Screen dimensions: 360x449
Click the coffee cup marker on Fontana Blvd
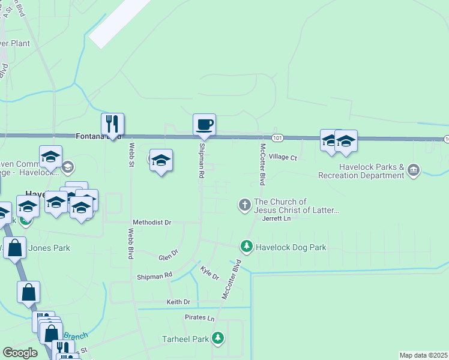pyautogui.click(x=204, y=125)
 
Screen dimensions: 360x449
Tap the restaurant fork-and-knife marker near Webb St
pyautogui.click(x=112, y=124)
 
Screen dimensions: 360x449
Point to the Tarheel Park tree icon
pyautogui.click(x=217, y=339)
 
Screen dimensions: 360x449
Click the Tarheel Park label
pyautogui.click(x=185, y=339)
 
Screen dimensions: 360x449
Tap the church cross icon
pyautogui.click(x=244, y=205)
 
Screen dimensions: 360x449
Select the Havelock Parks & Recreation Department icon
pyautogui.click(x=413, y=170)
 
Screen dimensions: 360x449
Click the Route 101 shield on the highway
pyautogui.click(x=277, y=138)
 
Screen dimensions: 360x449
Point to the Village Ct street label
pyautogui.click(x=283, y=157)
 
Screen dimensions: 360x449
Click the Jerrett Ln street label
pyautogui.click(x=276, y=218)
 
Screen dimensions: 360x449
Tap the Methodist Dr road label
pyautogui.click(x=152, y=222)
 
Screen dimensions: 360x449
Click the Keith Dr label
pyautogui.click(x=178, y=302)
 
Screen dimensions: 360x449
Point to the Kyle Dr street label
pyautogui.click(x=209, y=274)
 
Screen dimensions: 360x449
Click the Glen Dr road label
pyautogui.click(x=168, y=255)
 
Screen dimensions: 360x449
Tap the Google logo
pyautogui.click(x=20, y=353)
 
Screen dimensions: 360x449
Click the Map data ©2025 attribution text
pyautogui.click(x=423, y=355)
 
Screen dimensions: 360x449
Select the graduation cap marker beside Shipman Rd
pyautogui.click(x=161, y=160)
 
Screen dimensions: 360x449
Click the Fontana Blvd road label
pyautogui.click(x=94, y=136)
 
